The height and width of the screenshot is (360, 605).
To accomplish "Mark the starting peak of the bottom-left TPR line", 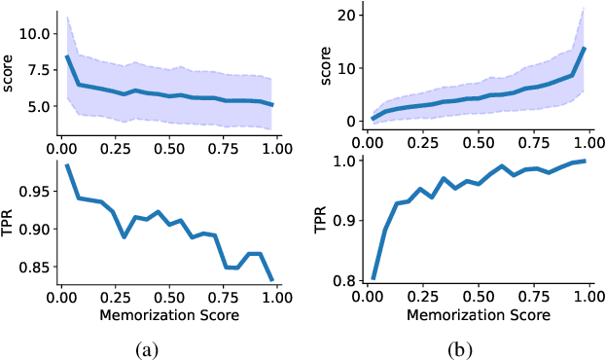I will (x=66, y=165).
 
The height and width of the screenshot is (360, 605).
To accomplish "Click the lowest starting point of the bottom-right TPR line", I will (x=374, y=278).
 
